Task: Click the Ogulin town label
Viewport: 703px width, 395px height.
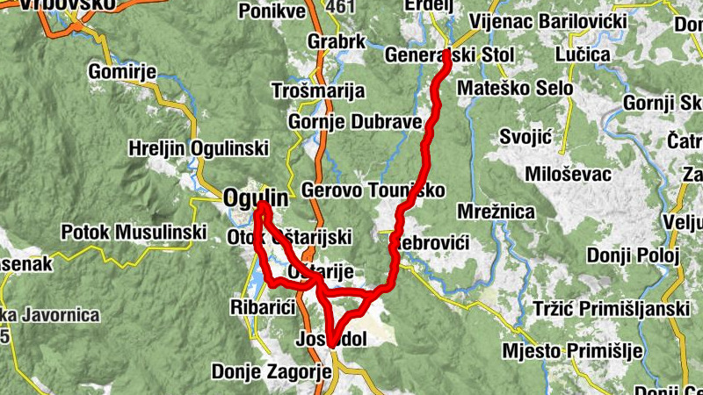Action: click(x=255, y=197)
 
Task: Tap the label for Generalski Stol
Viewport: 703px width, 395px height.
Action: click(x=449, y=55)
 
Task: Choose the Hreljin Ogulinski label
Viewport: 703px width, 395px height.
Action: click(x=198, y=147)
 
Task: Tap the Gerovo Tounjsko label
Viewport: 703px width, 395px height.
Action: click(x=373, y=190)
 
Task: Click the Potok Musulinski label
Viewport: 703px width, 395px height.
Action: click(x=134, y=233)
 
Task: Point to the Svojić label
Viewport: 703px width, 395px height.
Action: click(x=524, y=138)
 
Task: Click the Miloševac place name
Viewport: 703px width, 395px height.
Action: click(x=569, y=173)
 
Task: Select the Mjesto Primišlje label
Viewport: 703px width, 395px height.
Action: click(x=572, y=351)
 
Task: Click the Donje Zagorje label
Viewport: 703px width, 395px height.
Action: click(x=272, y=372)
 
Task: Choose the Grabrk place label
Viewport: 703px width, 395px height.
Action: click(x=336, y=41)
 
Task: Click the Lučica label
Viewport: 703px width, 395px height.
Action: click(x=583, y=54)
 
